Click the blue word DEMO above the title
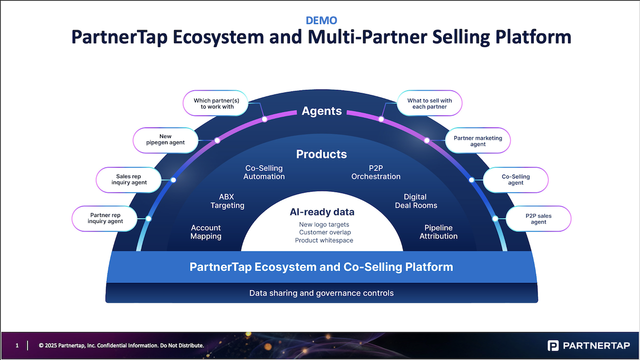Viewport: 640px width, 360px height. point(321,20)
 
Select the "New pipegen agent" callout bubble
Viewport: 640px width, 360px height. point(165,139)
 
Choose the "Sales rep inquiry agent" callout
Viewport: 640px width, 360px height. point(129,179)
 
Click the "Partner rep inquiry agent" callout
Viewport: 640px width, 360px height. point(105,218)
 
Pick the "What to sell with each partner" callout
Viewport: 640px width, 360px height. point(429,103)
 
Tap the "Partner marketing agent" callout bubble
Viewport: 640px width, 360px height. point(478,141)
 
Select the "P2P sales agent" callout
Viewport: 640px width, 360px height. point(538,219)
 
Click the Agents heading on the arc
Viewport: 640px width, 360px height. point(321,111)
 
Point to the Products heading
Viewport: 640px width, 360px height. point(321,154)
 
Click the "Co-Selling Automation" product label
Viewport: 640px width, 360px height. point(264,172)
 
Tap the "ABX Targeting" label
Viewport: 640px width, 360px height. point(227,201)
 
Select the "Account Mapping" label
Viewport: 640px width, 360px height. point(205,232)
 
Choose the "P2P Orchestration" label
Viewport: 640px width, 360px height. point(376,172)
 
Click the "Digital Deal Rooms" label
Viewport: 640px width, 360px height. point(416,201)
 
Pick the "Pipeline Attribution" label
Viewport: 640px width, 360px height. point(438,232)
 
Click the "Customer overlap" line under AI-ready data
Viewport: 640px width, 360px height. point(325,232)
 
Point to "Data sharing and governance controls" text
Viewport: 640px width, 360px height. point(321,293)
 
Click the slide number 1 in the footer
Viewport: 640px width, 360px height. point(17,345)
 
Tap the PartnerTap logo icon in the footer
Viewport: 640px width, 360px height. point(553,345)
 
